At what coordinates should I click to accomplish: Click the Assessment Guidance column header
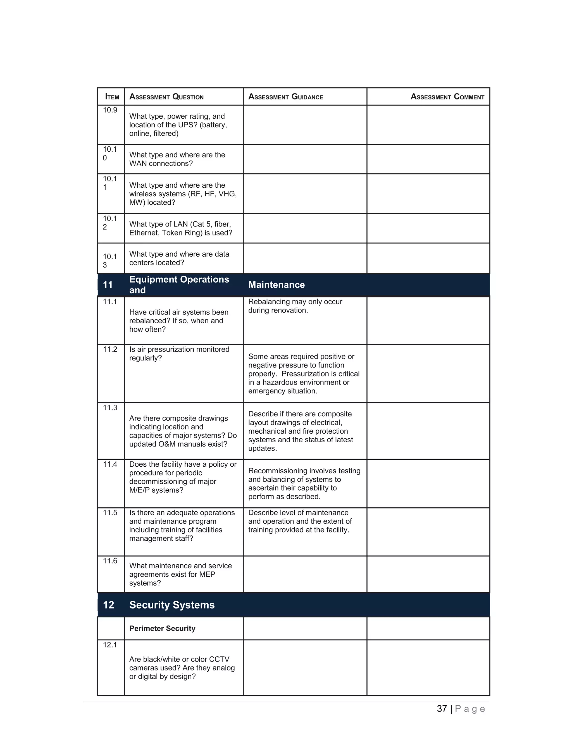point(285,97)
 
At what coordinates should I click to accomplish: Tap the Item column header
point(112,97)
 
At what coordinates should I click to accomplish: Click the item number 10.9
point(110,110)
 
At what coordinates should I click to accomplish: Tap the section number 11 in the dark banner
point(108,285)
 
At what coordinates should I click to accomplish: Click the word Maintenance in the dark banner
point(276,285)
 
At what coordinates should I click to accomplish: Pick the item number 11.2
point(110,349)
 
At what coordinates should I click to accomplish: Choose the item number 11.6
point(110,561)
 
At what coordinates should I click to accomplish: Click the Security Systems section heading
point(172,605)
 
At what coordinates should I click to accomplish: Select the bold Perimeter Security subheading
point(162,629)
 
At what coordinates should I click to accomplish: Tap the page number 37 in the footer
point(442,709)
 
